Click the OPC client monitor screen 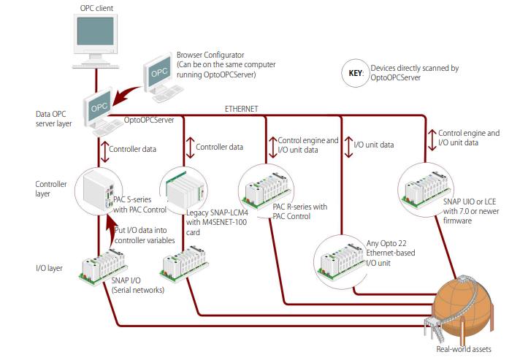[95, 31]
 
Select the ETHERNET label [241, 109]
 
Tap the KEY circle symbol [356, 73]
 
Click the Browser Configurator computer [162, 78]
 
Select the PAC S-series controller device [98, 190]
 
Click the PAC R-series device [268, 191]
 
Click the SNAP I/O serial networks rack [103, 268]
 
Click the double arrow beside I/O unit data [348, 148]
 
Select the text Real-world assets [464, 349]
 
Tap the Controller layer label [51, 189]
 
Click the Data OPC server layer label [54, 119]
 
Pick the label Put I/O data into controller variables [145, 235]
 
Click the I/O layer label [49, 268]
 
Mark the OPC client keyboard [96, 66]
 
